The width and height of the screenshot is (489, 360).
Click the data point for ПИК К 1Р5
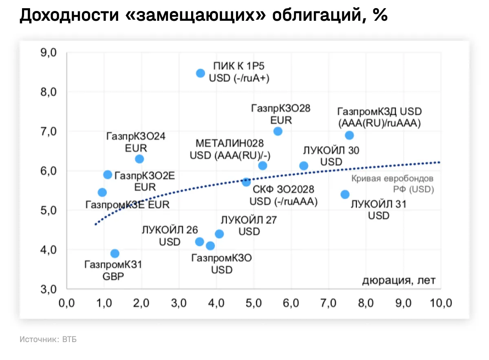pos(200,73)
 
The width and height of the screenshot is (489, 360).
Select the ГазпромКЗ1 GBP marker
pos(115,253)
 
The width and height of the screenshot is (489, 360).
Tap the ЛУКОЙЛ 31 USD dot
pos(345,194)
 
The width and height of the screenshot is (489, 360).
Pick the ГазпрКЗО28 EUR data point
pos(278,131)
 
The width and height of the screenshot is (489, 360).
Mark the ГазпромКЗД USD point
pos(349,135)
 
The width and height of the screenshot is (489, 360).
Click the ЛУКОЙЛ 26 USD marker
pos(199,241)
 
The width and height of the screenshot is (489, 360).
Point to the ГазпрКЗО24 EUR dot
pos(139,159)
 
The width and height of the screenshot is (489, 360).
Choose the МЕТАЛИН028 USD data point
pos(263,165)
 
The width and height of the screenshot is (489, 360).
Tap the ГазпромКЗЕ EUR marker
pos(102,192)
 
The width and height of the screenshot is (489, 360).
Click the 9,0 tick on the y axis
pos(49,53)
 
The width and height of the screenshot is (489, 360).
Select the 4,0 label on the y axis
pos(49,250)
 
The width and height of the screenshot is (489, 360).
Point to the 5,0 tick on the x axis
pos(253,303)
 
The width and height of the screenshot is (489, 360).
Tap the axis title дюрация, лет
pos(399,281)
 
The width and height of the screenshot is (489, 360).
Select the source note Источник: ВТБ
pos(48,339)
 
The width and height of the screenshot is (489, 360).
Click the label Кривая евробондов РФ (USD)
pos(392,184)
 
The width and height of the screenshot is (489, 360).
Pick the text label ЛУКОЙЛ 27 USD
pos(249,226)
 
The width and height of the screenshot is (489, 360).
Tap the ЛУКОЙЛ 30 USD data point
pos(304,165)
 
